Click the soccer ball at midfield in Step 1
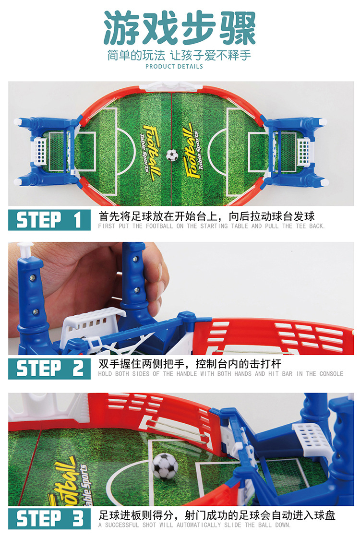(172, 155)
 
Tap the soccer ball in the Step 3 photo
(165, 465)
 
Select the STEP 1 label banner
(49, 220)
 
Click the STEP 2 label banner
(49, 368)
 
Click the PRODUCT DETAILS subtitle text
(174, 66)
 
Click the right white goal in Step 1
(303, 152)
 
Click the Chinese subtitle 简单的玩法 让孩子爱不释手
(179, 55)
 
